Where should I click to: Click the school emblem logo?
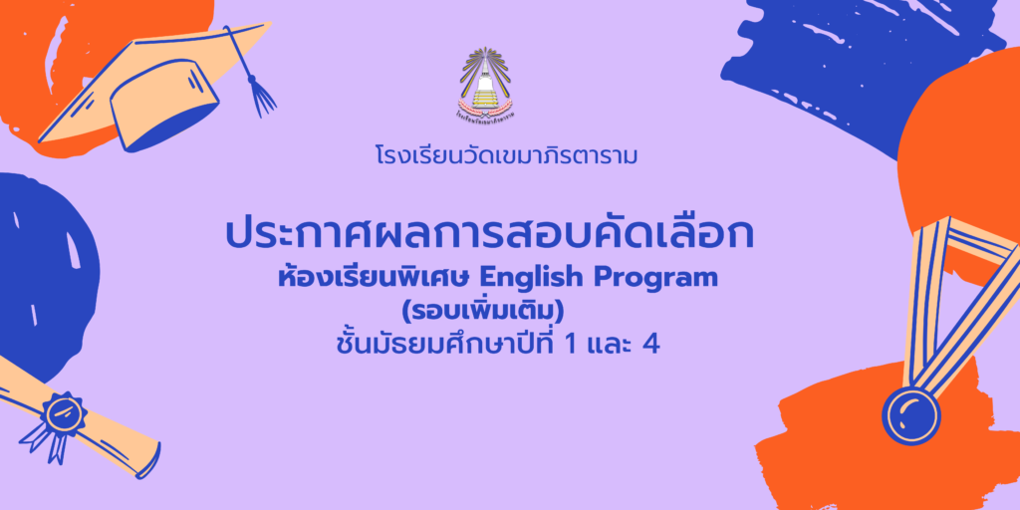click(x=486, y=83)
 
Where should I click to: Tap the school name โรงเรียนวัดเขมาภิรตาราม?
click(x=505, y=156)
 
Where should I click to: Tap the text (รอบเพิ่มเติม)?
click(x=482, y=312)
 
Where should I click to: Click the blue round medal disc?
click(x=910, y=415)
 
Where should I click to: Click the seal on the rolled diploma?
click(x=63, y=414)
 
